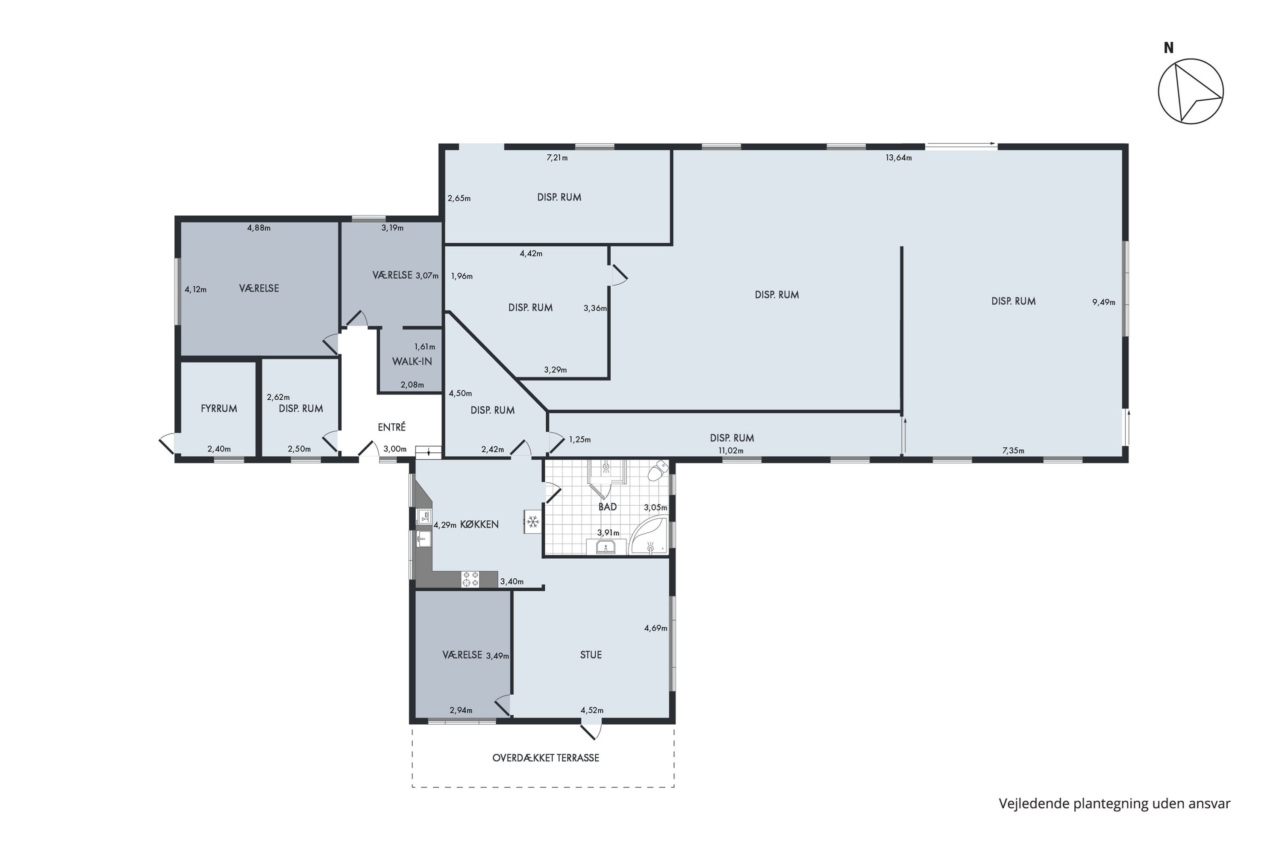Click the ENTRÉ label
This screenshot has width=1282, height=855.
[x=391, y=427]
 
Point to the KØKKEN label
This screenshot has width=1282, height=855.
[x=479, y=524]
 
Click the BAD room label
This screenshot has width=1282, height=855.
[x=607, y=507]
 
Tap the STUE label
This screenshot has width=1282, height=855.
[x=591, y=655]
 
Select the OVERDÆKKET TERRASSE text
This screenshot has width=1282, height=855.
[x=546, y=758]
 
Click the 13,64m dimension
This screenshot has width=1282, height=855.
[x=898, y=158]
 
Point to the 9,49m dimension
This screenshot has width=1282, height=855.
[x=1103, y=302]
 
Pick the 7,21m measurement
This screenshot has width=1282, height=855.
[x=557, y=158]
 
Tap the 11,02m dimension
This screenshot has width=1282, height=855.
[x=730, y=451]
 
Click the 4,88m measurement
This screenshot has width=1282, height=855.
[x=259, y=228]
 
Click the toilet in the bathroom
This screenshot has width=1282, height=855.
[x=658, y=470]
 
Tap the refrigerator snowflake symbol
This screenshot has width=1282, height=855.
[x=532, y=522]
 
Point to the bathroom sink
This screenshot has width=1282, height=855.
[x=605, y=546]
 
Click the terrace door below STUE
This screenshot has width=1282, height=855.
[x=591, y=729]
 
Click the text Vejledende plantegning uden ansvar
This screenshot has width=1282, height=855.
[x=1114, y=803]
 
